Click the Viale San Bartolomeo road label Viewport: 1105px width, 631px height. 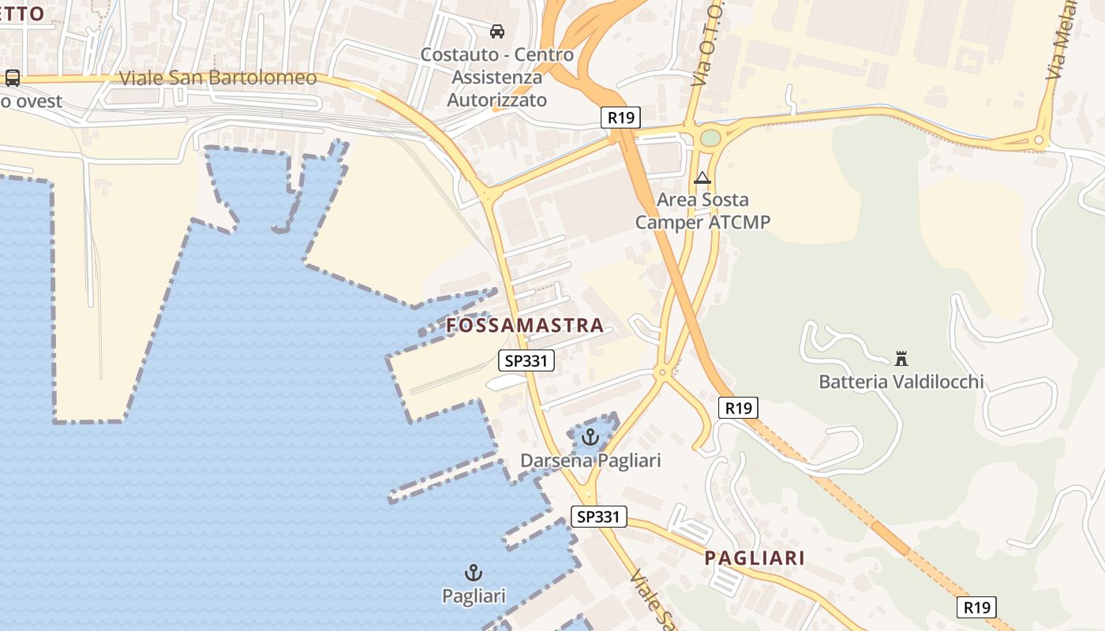(218, 78)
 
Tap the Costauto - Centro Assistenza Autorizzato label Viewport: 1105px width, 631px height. (497, 77)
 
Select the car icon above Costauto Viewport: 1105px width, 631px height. (497, 32)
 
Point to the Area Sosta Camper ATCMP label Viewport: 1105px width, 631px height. (702, 211)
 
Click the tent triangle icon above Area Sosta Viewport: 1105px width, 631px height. (702, 178)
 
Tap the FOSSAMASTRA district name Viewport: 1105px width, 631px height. (525, 325)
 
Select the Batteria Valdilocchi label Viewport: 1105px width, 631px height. (901, 382)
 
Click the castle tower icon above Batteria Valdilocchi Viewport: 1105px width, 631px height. (901, 359)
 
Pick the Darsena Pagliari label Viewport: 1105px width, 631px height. (590, 460)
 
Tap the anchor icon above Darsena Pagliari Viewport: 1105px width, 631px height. (590, 436)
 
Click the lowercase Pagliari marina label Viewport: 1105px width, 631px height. (474, 596)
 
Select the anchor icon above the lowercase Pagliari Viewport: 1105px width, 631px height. (474, 573)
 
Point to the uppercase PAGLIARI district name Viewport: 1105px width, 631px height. (755, 558)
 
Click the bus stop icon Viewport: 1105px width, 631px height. (13, 77)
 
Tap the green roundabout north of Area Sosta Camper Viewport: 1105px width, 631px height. (710, 138)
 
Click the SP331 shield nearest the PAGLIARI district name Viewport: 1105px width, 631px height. (598, 517)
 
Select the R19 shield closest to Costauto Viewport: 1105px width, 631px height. (620, 118)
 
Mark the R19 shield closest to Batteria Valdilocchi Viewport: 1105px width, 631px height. (738, 407)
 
